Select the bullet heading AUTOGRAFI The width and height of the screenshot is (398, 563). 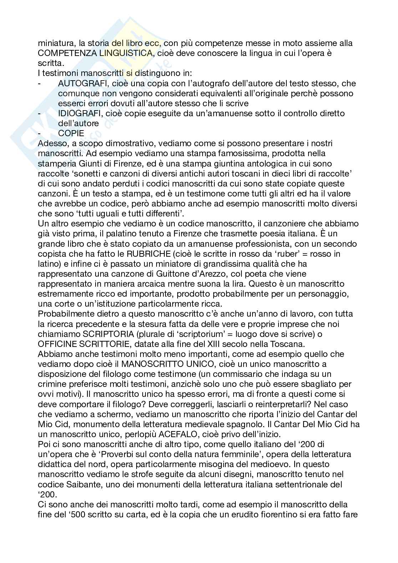coord(81,83)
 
